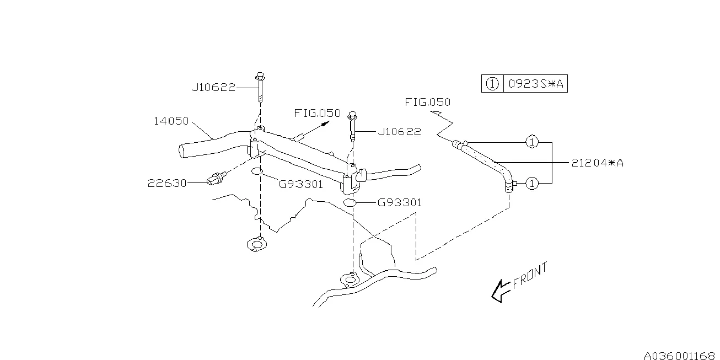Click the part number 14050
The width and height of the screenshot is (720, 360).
tap(171, 121)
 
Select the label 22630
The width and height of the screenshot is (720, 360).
tap(167, 183)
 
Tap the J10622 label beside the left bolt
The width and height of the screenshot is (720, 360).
tap(213, 88)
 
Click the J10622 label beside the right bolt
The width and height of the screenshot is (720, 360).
tap(399, 131)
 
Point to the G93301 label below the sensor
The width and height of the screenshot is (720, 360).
tap(300, 184)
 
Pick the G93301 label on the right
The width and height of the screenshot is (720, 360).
tap(399, 202)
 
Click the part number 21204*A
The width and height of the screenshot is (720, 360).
tap(597, 163)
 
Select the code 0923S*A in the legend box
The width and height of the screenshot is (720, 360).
tap(536, 84)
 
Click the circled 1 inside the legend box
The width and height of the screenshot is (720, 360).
tap(492, 84)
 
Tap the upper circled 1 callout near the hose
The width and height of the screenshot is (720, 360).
tap(532, 142)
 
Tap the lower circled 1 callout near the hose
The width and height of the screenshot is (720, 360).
tap(532, 184)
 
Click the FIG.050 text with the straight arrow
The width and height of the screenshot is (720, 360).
tap(317, 113)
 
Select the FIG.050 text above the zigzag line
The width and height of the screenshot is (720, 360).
tap(427, 102)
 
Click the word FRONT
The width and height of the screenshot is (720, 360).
tap(530, 276)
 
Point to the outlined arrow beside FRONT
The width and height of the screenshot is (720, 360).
tap(500, 291)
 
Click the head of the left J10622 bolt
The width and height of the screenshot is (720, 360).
tap(260, 77)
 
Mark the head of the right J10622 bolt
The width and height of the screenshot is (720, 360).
tap(352, 115)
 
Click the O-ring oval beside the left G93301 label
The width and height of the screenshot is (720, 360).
tap(257, 171)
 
